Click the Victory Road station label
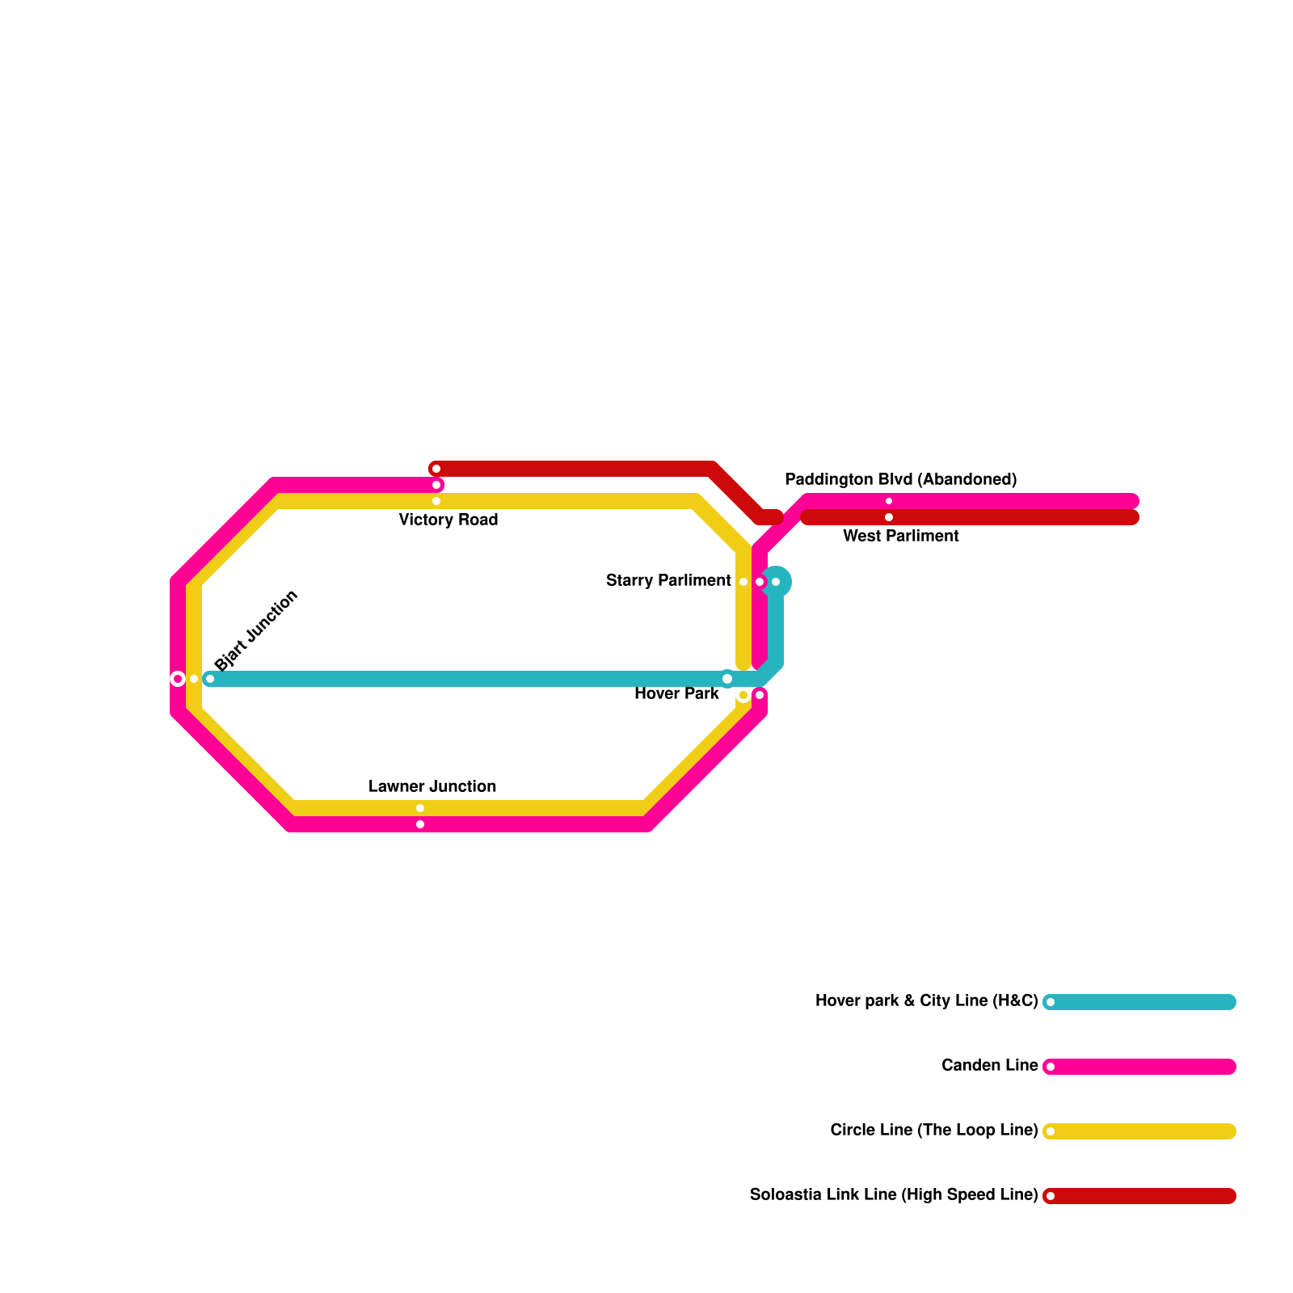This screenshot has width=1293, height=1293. tap(449, 520)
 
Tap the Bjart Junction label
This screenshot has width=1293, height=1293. tap(257, 630)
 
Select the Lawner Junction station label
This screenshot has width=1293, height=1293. tap(432, 786)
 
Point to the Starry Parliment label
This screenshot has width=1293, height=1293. tap(668, 580)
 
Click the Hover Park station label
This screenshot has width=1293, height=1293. tap(676, 693)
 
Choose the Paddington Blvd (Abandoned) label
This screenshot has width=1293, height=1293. tap(900, 479)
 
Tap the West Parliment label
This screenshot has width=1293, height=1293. tap(900, 536)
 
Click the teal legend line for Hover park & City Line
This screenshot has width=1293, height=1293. tap(1139, 1002)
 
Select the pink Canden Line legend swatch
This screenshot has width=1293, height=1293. tap(1139, 1067)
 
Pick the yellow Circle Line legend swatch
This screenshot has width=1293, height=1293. tap(1139, 1131)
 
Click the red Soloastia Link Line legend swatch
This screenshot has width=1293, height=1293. tap(1139, 1196)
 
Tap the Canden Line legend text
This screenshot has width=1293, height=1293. tap(989, 1065)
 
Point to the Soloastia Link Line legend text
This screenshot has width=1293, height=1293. tap(893, 1194)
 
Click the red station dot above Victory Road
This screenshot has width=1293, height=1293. tap(436, 469)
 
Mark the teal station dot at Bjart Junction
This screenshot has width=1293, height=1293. tap(210, 679)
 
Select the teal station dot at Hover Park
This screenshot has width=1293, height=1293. tap(727, 679)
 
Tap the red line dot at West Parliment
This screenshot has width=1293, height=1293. tap(889, 517)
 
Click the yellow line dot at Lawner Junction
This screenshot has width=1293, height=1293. tap(420, 808)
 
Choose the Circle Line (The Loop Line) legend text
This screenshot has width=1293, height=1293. tap(933, 1130)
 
